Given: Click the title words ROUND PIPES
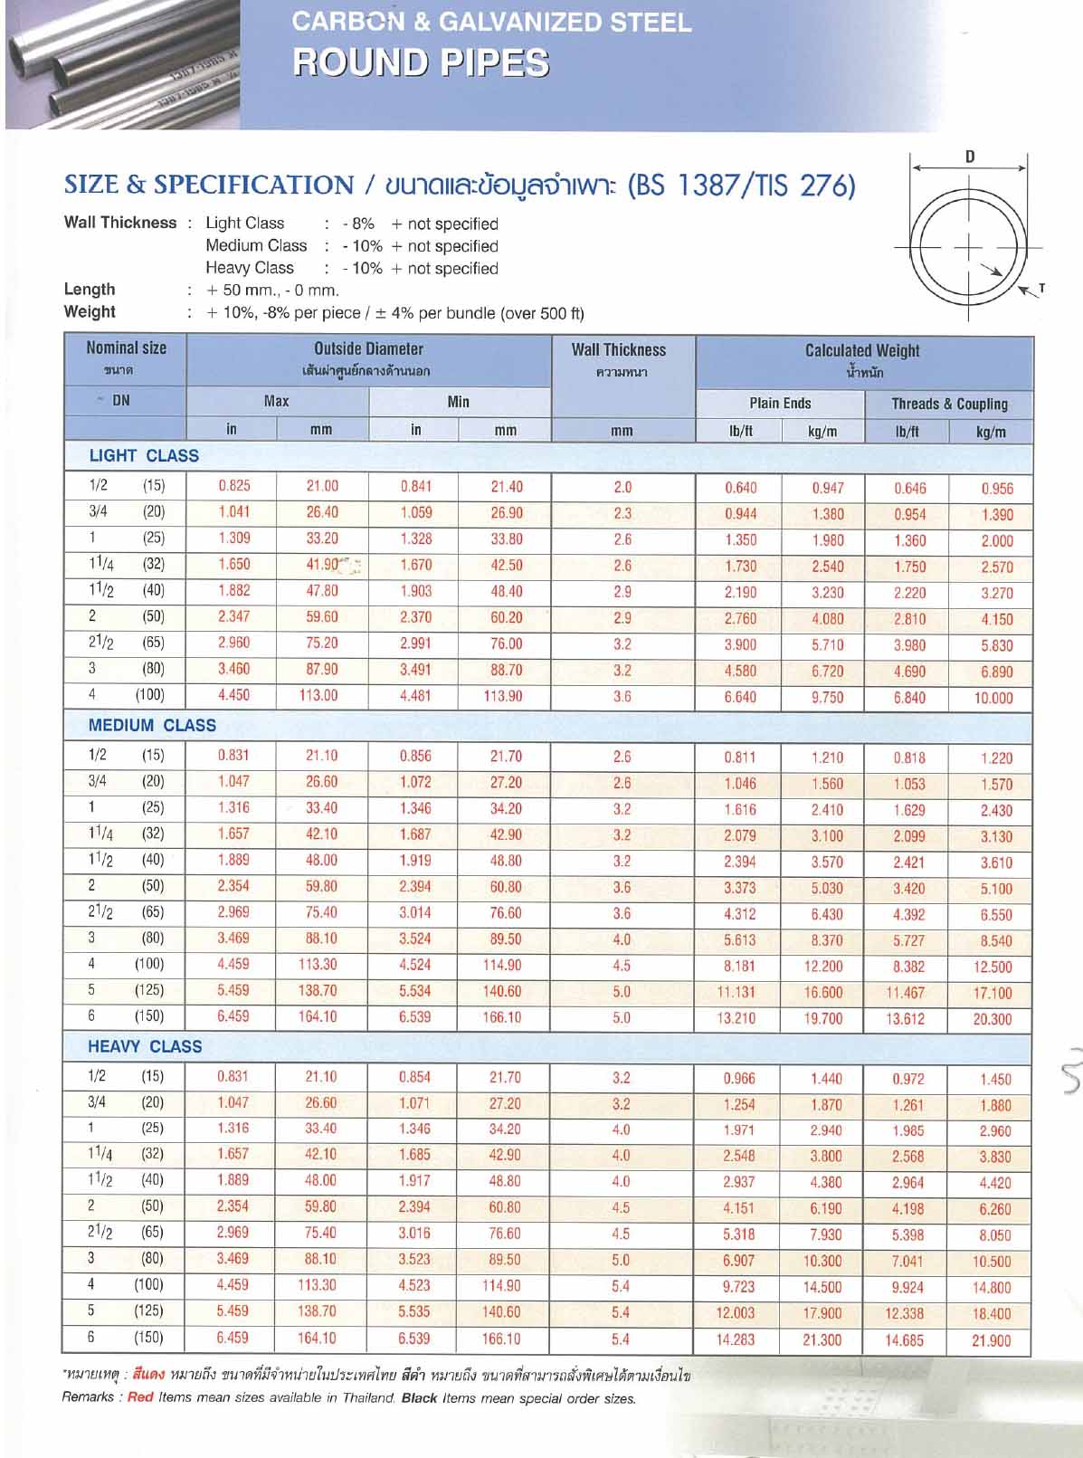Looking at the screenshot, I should tap(421, 62).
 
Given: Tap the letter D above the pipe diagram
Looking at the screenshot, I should tap(970, 157).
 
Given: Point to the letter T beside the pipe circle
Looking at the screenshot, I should tap(1041, 289).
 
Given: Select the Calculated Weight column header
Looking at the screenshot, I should tap(862, 350).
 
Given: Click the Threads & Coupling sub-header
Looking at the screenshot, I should tap(949, 404).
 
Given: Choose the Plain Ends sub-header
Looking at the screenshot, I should tap(780, 403).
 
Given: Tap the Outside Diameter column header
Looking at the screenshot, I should tap(368, 348).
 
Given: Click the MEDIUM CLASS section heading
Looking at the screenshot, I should tap(152, 725).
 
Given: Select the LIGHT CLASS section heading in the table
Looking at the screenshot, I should tap(144, 455).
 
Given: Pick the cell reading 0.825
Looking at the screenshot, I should tap(234, 486).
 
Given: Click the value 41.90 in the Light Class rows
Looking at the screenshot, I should tap(322, 565).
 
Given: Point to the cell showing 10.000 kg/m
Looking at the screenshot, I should tap(993, 698).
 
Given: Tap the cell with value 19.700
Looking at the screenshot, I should tap(823, 1018).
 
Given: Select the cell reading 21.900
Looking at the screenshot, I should tap(992, 1340).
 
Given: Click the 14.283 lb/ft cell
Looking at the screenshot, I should tap(736, 1339).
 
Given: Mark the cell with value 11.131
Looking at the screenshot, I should tap(736, 992).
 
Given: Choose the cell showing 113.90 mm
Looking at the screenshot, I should tap(506, 696).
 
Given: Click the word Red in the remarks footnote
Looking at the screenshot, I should tap(140, 1397).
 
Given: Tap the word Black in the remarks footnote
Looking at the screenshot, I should tap(420, 1397).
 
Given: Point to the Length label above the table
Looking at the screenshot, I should tap(90, 290).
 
